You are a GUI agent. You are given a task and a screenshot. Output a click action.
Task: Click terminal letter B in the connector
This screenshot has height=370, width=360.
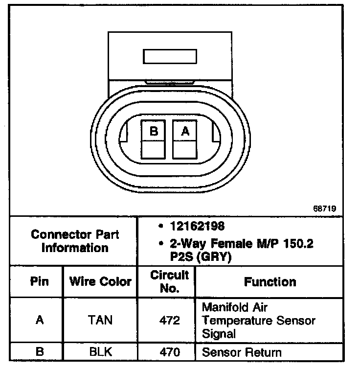[x=154, y=131]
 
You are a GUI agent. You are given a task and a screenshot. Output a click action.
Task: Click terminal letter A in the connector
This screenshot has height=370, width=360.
[x=184, y=131]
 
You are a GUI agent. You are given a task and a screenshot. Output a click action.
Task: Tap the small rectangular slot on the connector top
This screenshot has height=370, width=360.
[x=169, y=56]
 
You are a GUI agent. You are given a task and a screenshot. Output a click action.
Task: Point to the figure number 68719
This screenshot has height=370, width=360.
[x=325, y=208]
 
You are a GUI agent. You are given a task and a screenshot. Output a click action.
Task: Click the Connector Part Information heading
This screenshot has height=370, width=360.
[x=75, y=241]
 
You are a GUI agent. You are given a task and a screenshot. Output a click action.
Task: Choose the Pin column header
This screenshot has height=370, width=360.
[x=40, y=281]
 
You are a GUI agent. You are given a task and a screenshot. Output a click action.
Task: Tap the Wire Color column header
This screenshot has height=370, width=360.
[x=100, y=281]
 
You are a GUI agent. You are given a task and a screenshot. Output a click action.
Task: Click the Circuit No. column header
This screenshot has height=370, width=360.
[x=169, y=281]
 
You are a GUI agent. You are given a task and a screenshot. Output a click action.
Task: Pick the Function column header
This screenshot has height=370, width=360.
[x=270, y=281]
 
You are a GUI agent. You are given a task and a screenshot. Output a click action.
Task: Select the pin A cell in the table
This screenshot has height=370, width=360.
[x=40, y=321]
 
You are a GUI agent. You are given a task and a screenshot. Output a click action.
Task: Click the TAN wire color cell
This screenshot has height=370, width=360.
[x=100, y=321]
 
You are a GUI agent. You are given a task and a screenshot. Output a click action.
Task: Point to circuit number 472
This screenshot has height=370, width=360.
[x=169, y=321]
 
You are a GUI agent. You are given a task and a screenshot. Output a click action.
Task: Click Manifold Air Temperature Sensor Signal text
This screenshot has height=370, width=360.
[x=258, y=321]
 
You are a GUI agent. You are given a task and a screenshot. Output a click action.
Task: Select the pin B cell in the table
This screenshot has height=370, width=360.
[x=40, y=352]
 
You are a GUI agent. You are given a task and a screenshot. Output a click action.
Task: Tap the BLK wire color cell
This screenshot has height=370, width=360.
[x=100, y=352]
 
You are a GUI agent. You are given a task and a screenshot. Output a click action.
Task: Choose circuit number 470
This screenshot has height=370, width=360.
[x=169, y=352]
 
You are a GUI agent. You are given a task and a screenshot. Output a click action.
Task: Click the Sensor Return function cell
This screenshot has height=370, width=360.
[x=242, y=352]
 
